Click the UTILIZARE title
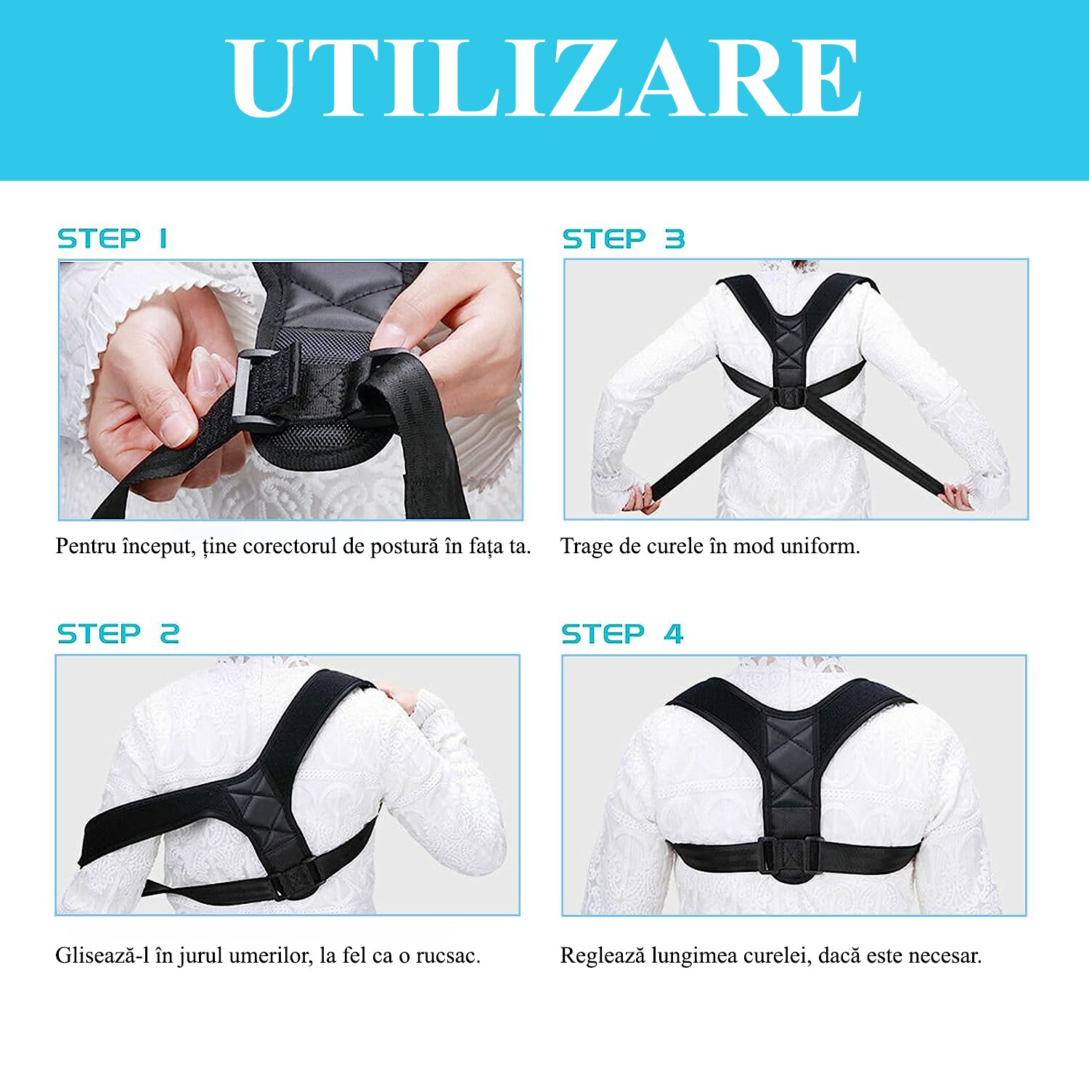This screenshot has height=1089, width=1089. coord(544,78)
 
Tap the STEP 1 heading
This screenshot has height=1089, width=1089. coord(113,238)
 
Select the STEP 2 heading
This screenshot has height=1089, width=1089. coord(118,634)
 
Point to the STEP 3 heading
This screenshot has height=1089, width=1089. coord(623,239)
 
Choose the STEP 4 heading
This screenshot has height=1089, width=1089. coord(622,634)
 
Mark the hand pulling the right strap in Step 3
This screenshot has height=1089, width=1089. coord(957,497)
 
